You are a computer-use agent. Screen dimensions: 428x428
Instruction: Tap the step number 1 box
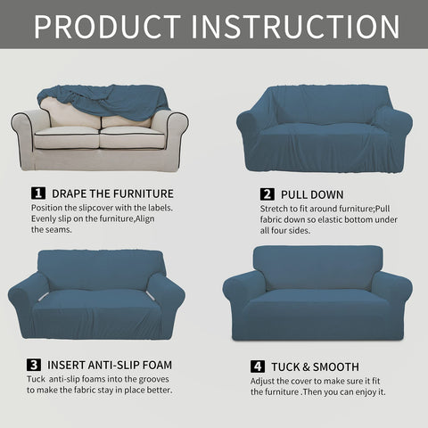[37, 193]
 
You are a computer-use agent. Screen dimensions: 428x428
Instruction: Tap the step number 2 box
[267, 193]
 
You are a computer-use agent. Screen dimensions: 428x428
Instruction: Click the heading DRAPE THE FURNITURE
[112, 193]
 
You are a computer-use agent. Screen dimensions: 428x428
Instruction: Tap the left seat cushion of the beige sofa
[69, 139]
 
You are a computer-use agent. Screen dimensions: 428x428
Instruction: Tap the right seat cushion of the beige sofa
[132, 139]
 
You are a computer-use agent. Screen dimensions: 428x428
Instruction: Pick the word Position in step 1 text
[50, 209]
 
